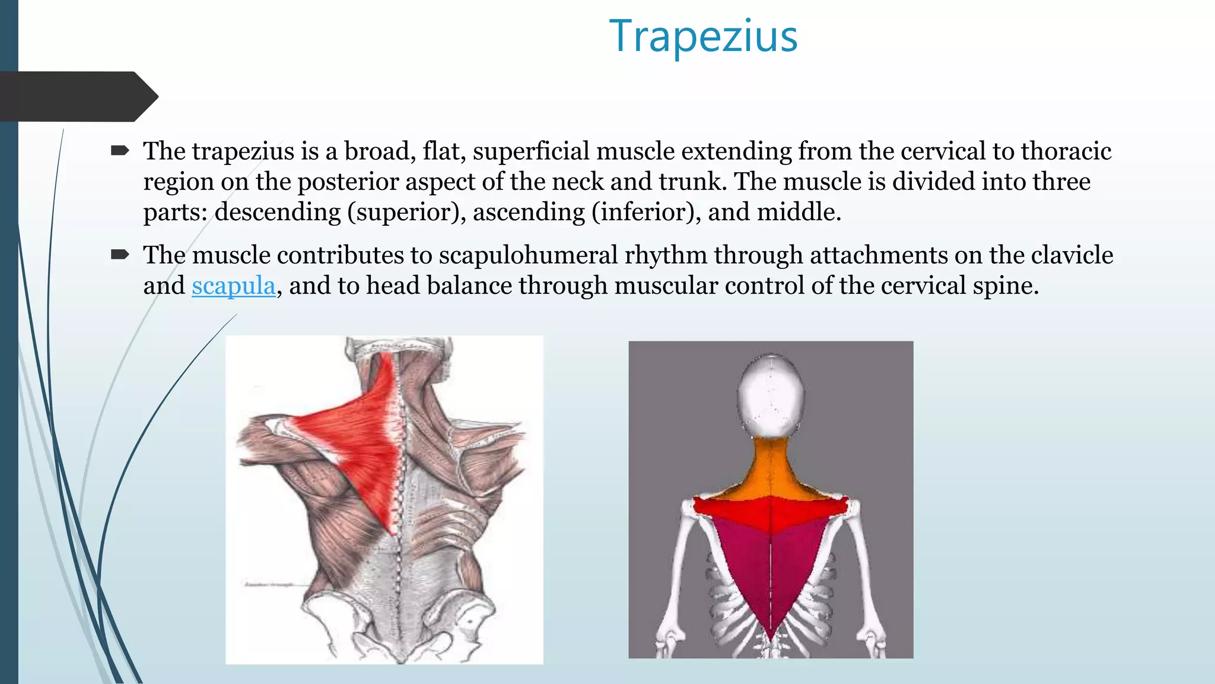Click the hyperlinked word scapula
coord(233,286)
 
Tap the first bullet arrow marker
coord(120,151)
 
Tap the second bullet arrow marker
coord(120,255)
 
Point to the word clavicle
coord(1071,255)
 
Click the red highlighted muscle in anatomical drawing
coord(356,439)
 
